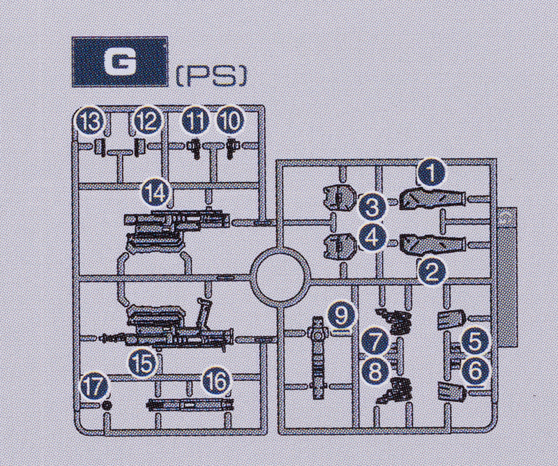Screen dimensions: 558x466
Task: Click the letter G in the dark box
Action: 119,61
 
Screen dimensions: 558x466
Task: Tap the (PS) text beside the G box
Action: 211,77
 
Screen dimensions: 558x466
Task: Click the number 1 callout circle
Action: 432,172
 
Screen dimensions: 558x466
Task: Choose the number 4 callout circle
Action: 372,238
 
